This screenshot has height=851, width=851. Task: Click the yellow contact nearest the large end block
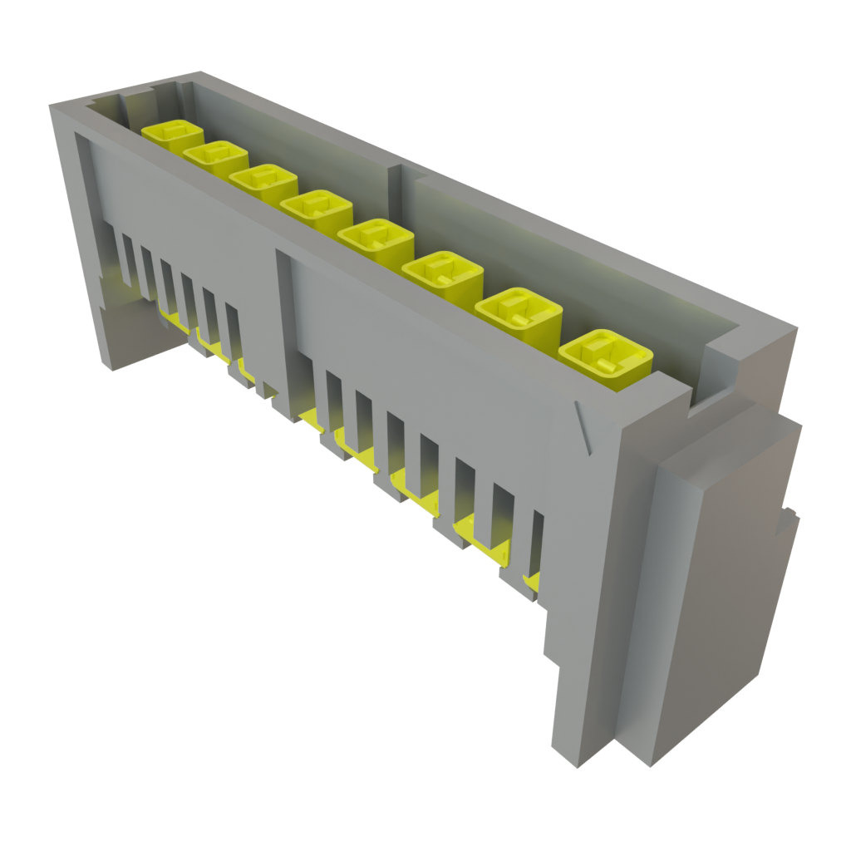click(x=605, y=358)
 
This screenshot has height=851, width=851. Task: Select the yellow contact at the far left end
click(x=173, y=136)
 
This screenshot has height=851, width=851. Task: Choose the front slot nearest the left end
click(x=127, y=258)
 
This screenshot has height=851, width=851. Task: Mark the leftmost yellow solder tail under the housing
click(x=170, y=314)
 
